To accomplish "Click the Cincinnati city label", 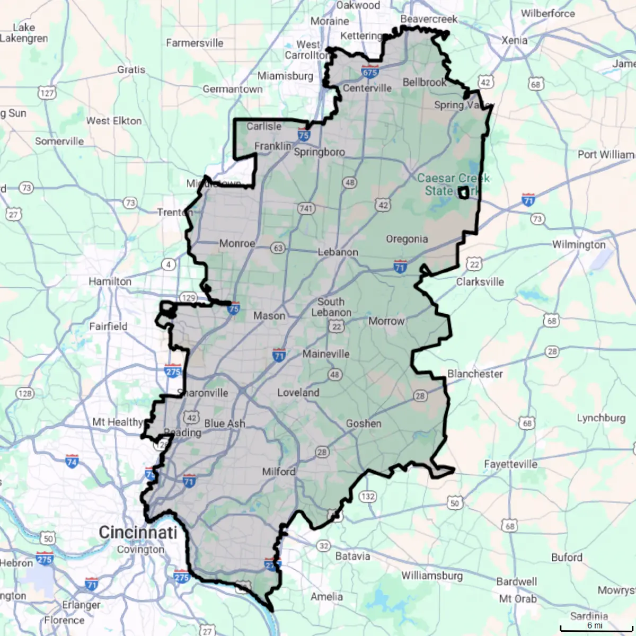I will point(138,532).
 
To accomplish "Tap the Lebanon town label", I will point(338,252).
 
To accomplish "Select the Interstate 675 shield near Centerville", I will point(370,72).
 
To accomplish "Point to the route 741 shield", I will point(306,208).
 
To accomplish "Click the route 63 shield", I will point(278,248).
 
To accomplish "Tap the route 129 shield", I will point(188,297).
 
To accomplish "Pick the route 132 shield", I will point(368,497).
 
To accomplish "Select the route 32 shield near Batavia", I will point(323,546).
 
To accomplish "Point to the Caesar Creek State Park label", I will point(453,184).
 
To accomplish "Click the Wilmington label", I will point(579,244).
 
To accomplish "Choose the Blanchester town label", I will point(475,374).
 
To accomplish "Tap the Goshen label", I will point(364,423).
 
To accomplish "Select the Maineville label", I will point(326,354).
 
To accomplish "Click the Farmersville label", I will point(195,43).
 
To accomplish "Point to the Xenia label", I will point(514,40).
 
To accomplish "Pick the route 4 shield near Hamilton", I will point(169,264).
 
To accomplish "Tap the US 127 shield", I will point(47,93).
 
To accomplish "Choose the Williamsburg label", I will point(432,576).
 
